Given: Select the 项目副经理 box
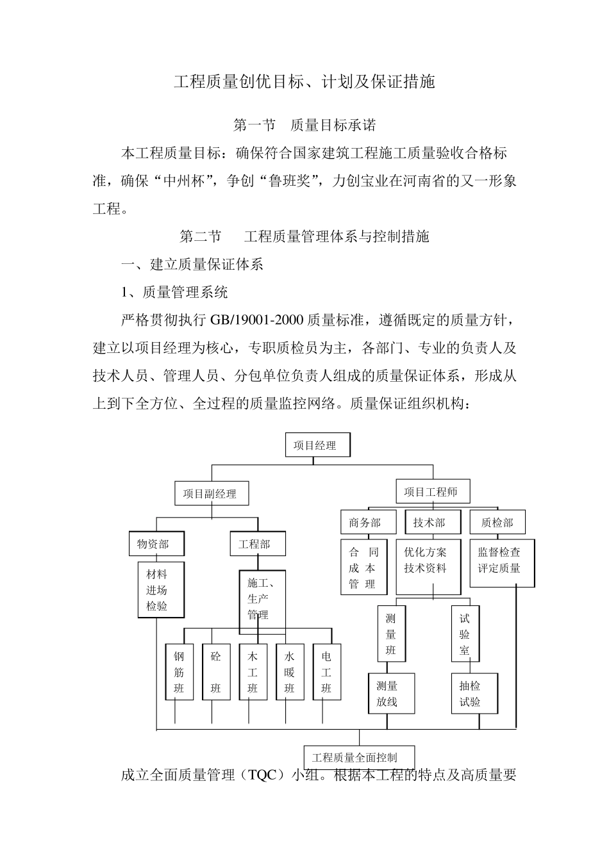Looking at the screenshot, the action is coord(211,494).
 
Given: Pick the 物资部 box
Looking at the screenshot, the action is coord(156,544).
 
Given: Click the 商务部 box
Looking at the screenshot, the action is coord(365,523).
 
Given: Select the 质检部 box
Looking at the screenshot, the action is coord(497,523).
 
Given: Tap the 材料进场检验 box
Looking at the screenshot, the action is coord(156,590).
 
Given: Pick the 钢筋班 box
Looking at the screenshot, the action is coord(179,672).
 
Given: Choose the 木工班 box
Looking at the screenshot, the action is coord(253,672).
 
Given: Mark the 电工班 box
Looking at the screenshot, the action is coord(326,672).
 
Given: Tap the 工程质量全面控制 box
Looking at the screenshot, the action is coord(359,757).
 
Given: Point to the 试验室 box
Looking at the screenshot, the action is coord(465,634).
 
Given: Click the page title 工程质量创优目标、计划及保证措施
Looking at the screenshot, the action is coord(304,82).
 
